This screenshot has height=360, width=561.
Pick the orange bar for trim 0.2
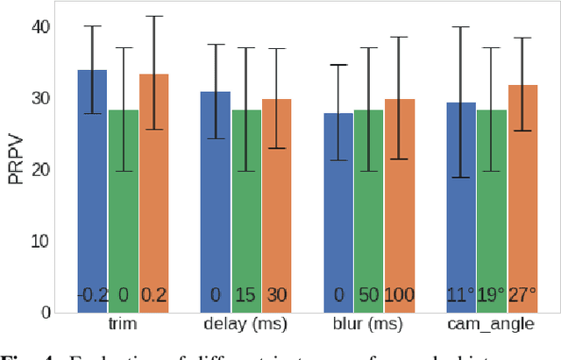pyautogui.click(x=154, y=193)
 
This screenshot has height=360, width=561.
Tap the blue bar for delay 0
pyautogui.click(x=216, y=201)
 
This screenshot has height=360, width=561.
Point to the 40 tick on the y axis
pyautogui.click(x=39, y=27)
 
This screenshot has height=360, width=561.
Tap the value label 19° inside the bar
pyautogui.click(x=492, y=295)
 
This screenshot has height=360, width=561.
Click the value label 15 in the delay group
pyautogui.click(x=246, y=295)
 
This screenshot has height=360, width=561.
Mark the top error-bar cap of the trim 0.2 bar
pyautogui.click(x=154, y=16)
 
